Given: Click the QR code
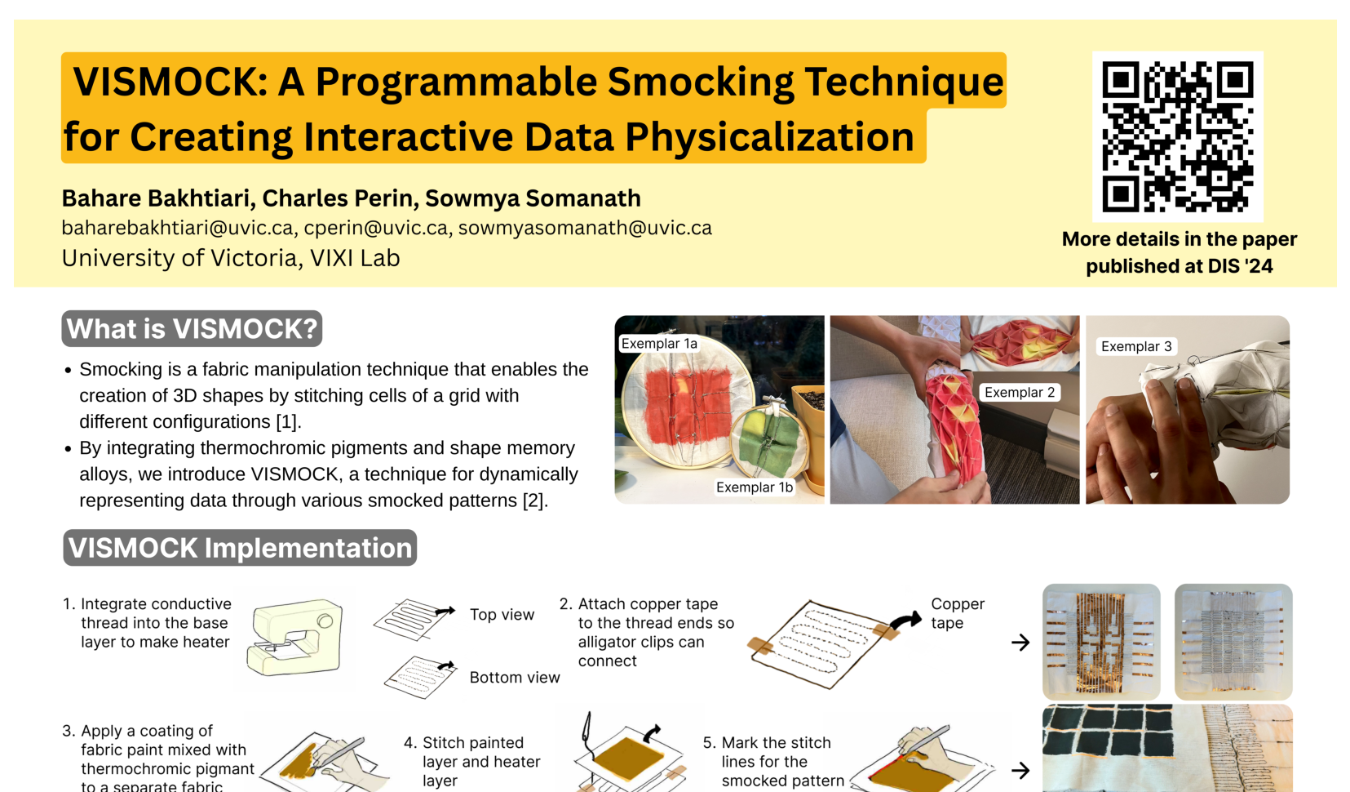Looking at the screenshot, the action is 1178,137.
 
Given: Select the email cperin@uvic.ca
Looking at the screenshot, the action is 375,228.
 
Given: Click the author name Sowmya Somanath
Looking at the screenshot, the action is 533,198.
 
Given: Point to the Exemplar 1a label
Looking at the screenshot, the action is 659,344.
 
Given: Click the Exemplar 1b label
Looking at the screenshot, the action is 754,487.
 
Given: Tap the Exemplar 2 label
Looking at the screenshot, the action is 1019,392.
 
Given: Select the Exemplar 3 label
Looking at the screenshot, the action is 1136,346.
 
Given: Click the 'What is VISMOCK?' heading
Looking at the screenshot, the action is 192,329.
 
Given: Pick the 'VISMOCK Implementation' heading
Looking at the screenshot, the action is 240,548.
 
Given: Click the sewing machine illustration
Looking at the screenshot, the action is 294,637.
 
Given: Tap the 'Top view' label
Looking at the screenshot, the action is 502,615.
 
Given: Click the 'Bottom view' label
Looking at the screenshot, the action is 515,678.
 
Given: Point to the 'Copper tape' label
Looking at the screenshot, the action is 957,613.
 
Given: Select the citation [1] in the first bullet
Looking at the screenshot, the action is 287,421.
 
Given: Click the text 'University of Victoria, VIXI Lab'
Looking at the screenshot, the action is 231,258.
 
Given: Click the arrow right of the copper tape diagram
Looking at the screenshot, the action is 1020,643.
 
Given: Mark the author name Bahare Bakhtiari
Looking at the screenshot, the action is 156,198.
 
